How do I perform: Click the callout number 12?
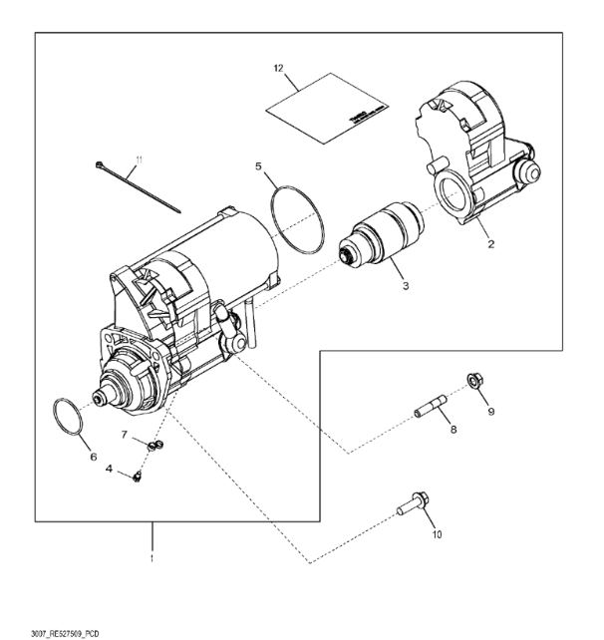(279, 68)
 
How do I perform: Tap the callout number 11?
(140, 160)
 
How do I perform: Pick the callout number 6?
(94, 458)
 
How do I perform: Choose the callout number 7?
(125, 435)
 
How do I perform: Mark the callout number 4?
(109, 469)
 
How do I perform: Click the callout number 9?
(489, 409)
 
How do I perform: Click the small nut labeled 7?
(152, 446)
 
